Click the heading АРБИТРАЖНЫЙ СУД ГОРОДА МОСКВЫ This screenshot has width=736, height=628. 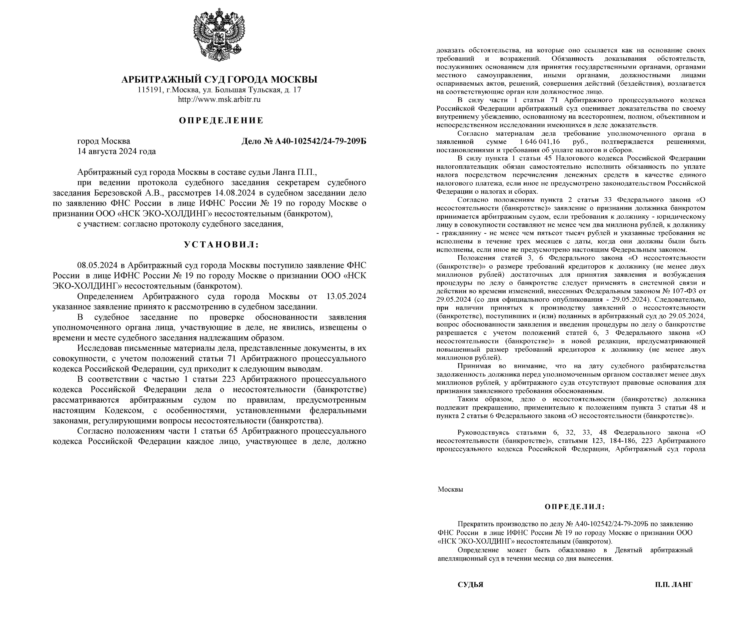pyautogui.click(x=219, y=79)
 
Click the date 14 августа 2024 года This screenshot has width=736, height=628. pyautogui.click(x=117, y=151)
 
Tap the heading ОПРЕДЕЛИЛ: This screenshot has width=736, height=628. pyautogui.click(x=574, y=506)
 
